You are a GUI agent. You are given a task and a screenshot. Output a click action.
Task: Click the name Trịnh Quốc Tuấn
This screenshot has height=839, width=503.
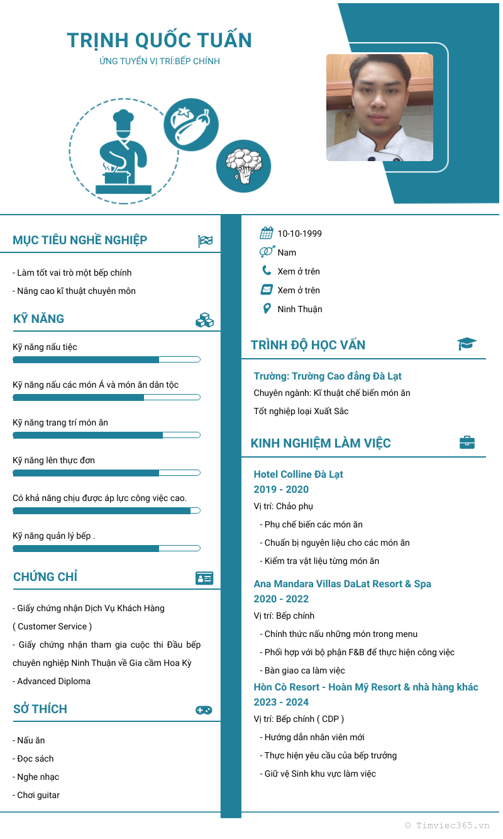[x=159, y=40]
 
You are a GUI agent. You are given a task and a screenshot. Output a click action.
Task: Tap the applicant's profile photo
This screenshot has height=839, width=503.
[x=379, y=107]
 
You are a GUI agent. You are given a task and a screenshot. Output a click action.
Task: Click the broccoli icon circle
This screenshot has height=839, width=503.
[x=243, y=166]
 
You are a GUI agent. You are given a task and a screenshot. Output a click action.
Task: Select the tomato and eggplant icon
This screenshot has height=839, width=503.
[x=191, y=124]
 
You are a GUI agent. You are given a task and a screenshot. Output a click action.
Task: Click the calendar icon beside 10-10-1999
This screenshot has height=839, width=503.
[x=267, y=234]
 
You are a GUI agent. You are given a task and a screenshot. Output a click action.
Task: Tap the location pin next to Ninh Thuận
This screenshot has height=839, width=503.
[x=267, y=309]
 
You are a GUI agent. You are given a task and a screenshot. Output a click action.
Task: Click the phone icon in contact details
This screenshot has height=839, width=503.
[x=267, y=271]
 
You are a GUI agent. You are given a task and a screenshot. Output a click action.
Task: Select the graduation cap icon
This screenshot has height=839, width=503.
[x=467, y=344]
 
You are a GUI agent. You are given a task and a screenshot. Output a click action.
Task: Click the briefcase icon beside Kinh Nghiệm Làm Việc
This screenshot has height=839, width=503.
[x=467, y=442]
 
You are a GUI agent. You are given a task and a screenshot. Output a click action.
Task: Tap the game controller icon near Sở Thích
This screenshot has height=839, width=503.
[x=204, y=710]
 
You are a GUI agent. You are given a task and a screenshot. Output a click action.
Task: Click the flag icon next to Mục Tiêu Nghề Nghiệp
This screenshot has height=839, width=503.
[x=205, y=241]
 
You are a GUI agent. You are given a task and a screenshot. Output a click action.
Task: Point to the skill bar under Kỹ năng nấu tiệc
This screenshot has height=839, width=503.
[x=106, y=359]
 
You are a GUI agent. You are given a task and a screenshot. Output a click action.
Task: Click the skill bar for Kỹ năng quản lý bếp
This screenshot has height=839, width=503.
[x=106, y=548]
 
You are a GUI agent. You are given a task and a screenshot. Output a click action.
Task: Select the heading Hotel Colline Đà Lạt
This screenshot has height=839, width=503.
[x=298, y=474]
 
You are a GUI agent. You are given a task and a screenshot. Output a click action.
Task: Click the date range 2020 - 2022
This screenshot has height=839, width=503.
[x=281, y=599]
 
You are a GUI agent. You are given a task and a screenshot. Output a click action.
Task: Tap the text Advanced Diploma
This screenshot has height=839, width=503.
[x=53, y=681]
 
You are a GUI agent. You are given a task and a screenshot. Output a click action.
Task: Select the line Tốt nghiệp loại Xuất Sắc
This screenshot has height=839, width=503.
[x=301, y=411]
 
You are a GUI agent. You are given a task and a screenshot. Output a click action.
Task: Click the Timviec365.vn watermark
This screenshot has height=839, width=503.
[x=447, y=825]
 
